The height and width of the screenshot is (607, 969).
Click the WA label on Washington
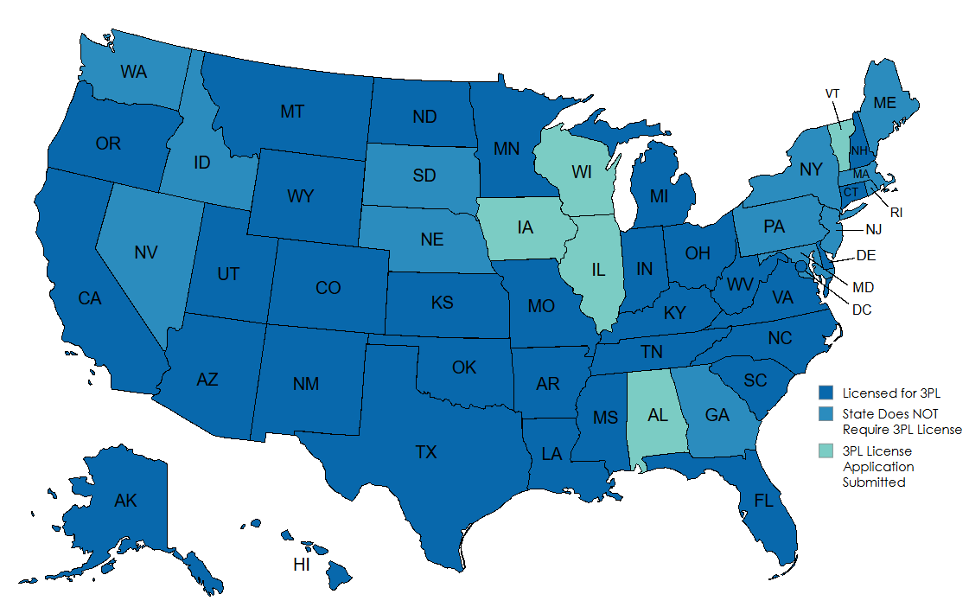pos(133,72)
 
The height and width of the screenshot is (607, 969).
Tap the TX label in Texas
pos(426,451)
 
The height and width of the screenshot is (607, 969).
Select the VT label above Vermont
pos(832,93)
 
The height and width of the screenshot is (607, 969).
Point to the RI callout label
pos(896,212)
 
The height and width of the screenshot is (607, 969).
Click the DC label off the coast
pos(862,309)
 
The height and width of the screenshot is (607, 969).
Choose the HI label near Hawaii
pos(302,565)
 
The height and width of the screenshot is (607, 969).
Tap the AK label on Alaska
pos(125,500)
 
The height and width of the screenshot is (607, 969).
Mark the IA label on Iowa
pos(525,228)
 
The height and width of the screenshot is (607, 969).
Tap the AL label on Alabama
pos(658,415)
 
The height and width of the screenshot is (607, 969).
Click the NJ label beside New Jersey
pos(874,231)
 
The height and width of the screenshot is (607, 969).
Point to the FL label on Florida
pos(762,501)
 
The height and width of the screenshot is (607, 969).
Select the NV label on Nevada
pos(145,253)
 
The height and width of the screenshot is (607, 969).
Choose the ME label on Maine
pos(884,102)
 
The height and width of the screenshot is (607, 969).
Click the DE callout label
pos(866,255)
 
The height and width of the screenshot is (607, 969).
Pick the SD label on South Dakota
pos(424,176)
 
